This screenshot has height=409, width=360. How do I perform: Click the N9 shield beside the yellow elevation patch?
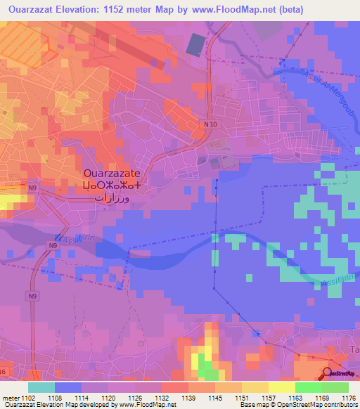32,188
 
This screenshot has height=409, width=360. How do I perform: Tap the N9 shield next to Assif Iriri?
52,245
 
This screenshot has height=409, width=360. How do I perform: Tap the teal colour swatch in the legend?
41,387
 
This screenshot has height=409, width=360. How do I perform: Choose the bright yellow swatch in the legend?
281,387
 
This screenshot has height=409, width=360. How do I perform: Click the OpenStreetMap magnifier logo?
328,374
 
